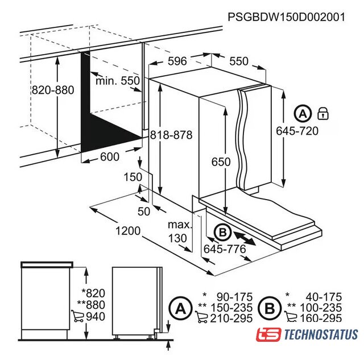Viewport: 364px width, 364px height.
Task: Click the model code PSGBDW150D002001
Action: [x=286, y=17]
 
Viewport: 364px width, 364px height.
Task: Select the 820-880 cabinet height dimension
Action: [x=53, y=90]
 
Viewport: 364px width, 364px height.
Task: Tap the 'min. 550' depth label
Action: [x=118, y=81]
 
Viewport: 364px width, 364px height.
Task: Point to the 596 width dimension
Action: [x=177, y=61]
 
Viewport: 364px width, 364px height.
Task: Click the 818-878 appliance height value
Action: [x=171, y=135]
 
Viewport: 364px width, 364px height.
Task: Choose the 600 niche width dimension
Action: [x=110, y=157]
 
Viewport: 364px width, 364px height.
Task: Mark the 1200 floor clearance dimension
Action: [x=128, y=231]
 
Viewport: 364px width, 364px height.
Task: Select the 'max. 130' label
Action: [x=180, y=231]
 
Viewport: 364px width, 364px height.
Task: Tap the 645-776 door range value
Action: [x=225, y=249]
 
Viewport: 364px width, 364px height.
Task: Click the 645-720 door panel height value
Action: [x=297, y=131]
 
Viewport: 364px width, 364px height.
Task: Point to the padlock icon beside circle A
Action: [x=323, y=113]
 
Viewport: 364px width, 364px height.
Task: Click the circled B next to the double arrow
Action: [x=222, y=232]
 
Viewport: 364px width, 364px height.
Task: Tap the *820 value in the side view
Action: [x=93, y=293]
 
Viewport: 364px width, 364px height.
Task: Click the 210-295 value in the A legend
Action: [x=231, y=318]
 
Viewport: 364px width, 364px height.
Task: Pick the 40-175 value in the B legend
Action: [x=324, y=297]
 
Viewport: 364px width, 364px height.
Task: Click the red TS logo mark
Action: [x=268, y=334]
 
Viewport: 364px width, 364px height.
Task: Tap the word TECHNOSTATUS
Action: [x=321, y=334]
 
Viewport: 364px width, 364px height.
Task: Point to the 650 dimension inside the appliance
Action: [x=221, y=162]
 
